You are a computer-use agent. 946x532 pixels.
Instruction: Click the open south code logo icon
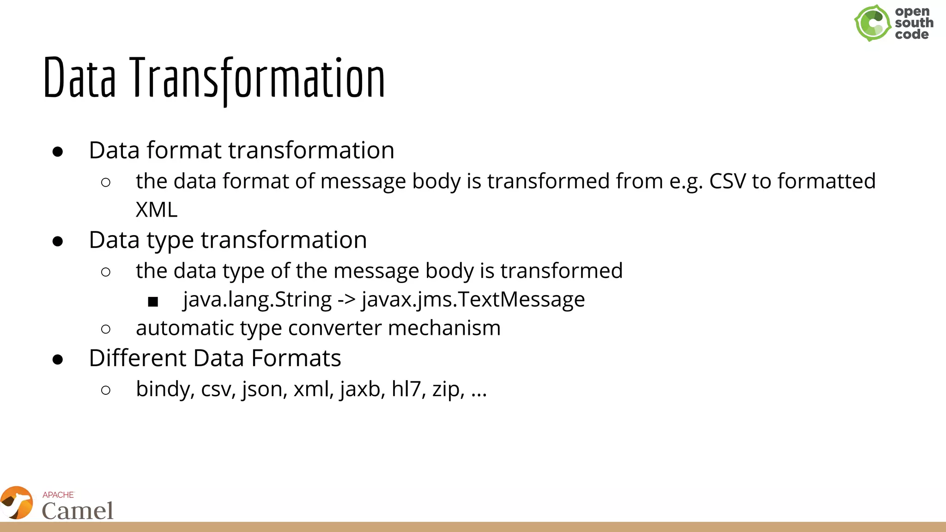pos(872,23)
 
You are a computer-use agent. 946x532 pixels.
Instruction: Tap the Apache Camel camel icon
pos(17,503)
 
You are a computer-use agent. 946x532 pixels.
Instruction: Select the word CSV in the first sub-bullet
pos(727,181)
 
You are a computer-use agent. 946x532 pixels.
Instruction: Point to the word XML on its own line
pos(156,210)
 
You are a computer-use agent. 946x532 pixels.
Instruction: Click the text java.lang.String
pos(257,300)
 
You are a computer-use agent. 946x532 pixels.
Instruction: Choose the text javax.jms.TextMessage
pos(473,300)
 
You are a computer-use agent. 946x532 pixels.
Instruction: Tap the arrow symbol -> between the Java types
pos(346,300)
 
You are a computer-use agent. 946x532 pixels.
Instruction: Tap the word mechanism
pos(444,328)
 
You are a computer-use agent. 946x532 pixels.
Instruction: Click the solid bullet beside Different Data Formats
pos(58,359)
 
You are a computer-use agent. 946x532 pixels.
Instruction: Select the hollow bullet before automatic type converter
pos(106,329)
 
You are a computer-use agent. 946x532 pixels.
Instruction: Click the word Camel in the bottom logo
pos(78,511)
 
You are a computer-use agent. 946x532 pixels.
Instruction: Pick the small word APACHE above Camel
pos(58,495)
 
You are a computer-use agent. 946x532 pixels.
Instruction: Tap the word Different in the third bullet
pos(137,358)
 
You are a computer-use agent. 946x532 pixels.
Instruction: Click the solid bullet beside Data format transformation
pos(58,151)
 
